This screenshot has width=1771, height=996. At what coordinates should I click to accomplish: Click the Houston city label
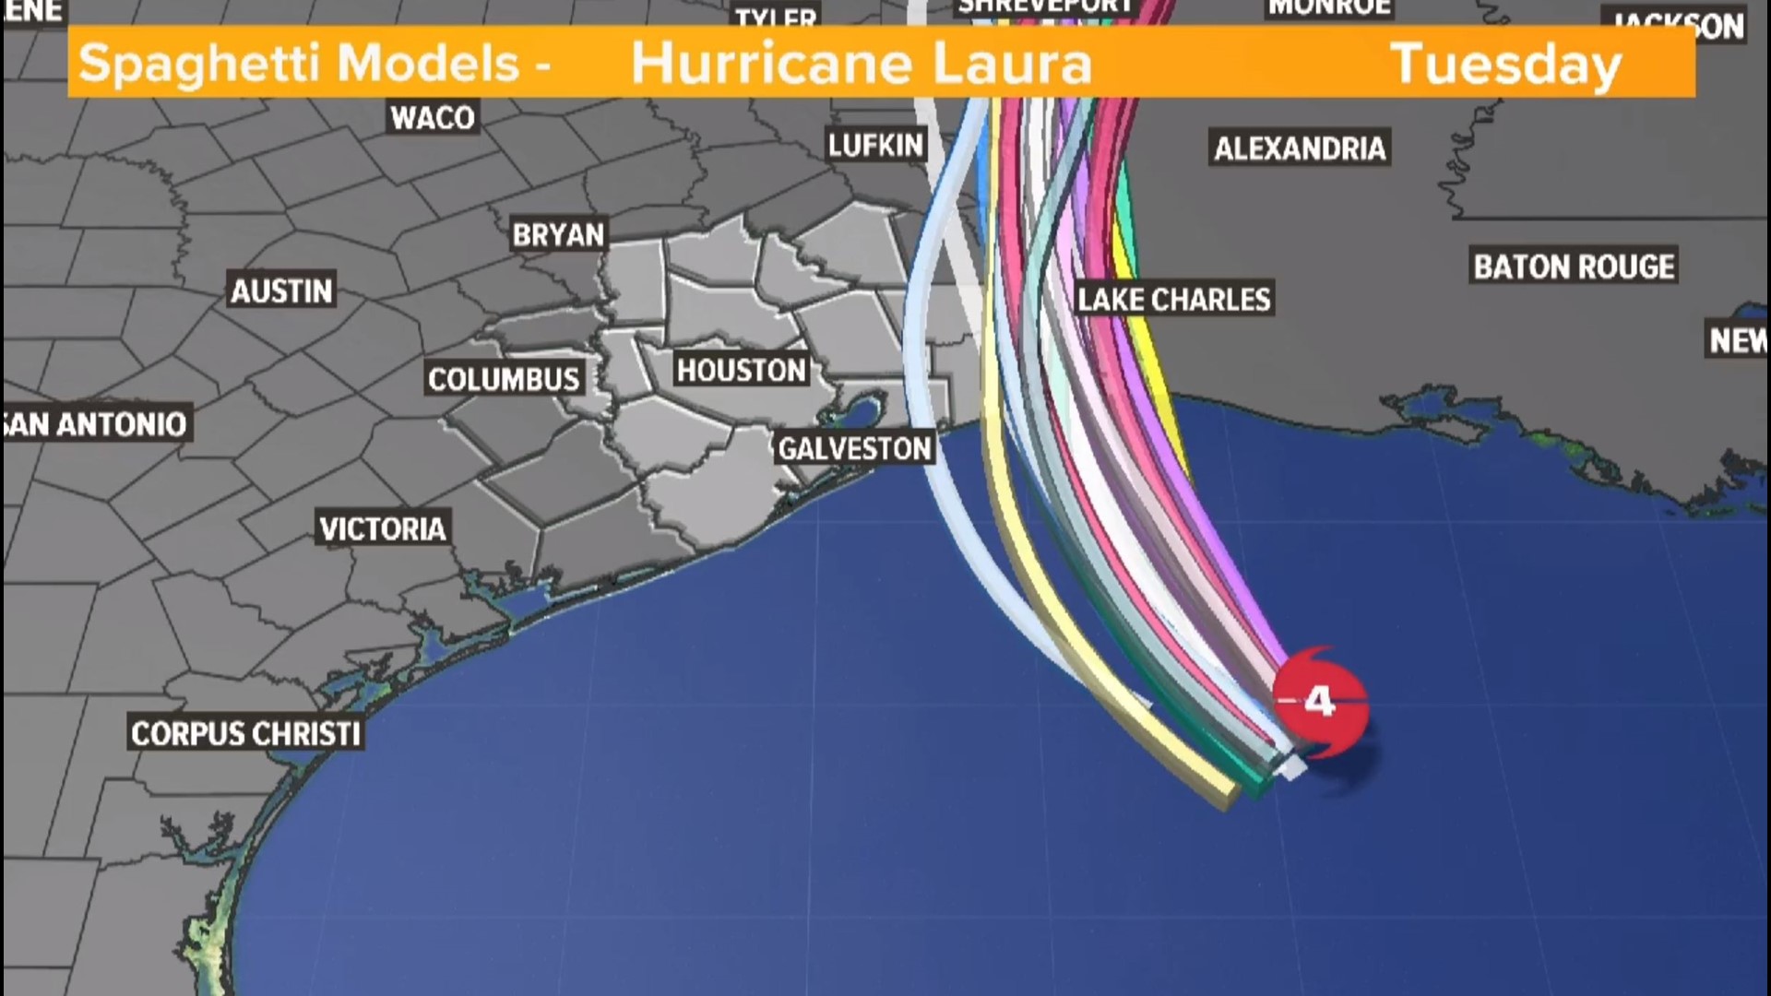point(742,371)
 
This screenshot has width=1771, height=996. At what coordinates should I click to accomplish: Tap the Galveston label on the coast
point(854,449)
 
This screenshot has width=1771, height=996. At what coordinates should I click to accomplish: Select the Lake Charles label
point(1173,300)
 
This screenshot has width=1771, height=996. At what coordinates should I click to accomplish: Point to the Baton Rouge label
point(1574,267)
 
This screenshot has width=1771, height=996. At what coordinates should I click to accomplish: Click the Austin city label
point(281,291)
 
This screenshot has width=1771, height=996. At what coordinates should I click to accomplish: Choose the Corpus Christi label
point(245,734)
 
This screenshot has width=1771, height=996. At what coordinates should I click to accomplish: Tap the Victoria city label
point(383,528)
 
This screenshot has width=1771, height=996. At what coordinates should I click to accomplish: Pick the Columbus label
point(504,379)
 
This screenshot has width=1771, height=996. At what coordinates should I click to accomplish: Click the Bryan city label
point(558,235)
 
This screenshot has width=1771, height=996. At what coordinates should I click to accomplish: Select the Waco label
point(433,118)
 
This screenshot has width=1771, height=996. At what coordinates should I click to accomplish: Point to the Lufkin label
point(875,146)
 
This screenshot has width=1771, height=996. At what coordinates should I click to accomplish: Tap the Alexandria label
point(1300,148)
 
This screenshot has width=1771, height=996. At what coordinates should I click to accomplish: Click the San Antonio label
point(96,424)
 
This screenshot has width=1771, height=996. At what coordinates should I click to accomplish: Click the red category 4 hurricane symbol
point(1320,703)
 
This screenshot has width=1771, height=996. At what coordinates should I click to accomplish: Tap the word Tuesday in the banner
point(1505,65)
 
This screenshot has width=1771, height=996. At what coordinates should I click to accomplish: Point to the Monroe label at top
point(1329,7)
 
